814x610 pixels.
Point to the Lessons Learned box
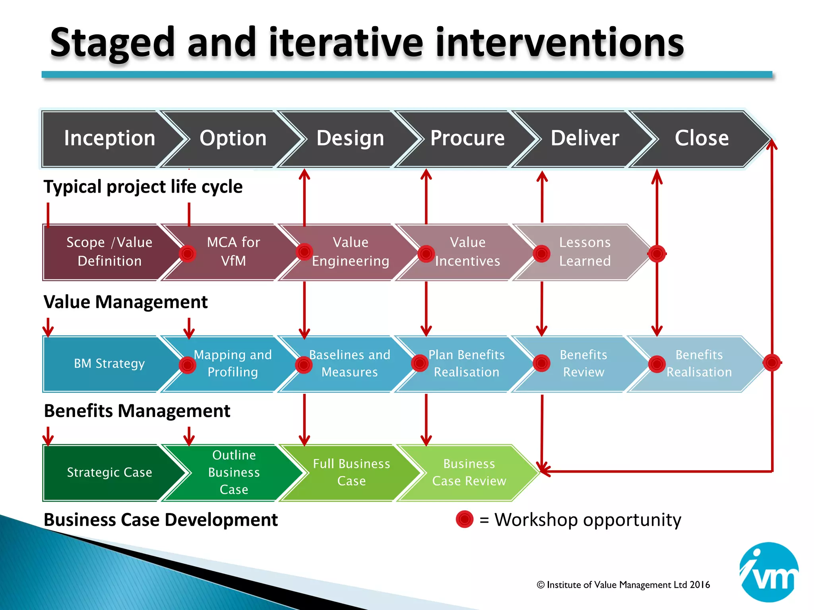585,252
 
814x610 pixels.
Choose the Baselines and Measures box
350,363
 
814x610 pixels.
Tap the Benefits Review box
583,363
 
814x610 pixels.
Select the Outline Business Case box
234,472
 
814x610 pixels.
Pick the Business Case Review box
469,472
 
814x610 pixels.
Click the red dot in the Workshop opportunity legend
465,519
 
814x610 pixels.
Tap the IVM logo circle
769,572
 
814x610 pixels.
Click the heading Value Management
126,302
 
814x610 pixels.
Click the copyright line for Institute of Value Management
623,585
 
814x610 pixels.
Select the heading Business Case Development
161,520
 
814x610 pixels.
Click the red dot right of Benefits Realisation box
772,363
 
